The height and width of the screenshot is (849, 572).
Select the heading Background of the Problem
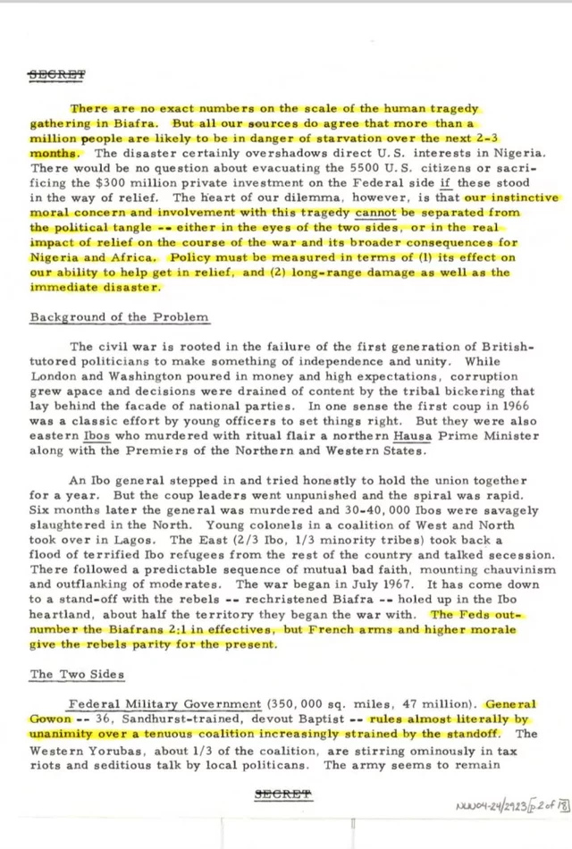point(120,317)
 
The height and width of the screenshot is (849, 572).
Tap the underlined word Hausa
point(412,435)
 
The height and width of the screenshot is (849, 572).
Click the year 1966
point(519,405)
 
